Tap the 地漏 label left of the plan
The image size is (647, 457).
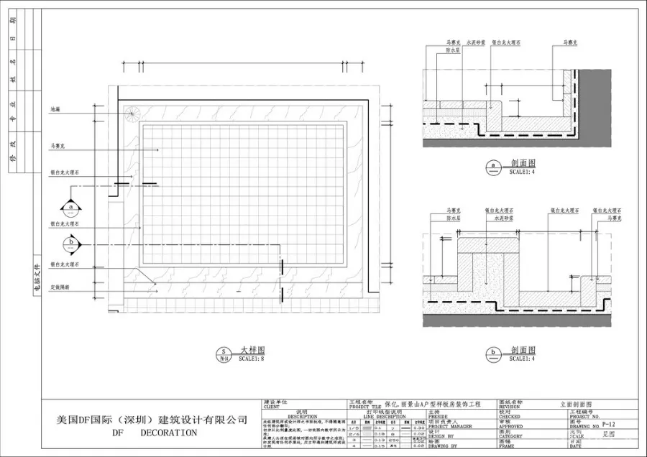click(x=55, y=109)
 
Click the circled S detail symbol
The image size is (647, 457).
click(x=224, y=352)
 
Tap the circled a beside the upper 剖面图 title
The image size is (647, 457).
click(x=493, y=167)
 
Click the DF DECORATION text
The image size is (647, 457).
click(x=154, y=433)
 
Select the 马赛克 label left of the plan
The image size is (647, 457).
click(x=58, y=146)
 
